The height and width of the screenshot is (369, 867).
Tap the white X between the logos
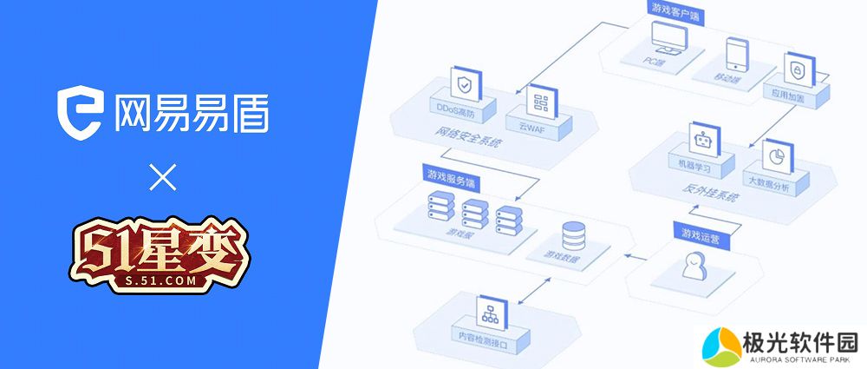click(162, 179)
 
